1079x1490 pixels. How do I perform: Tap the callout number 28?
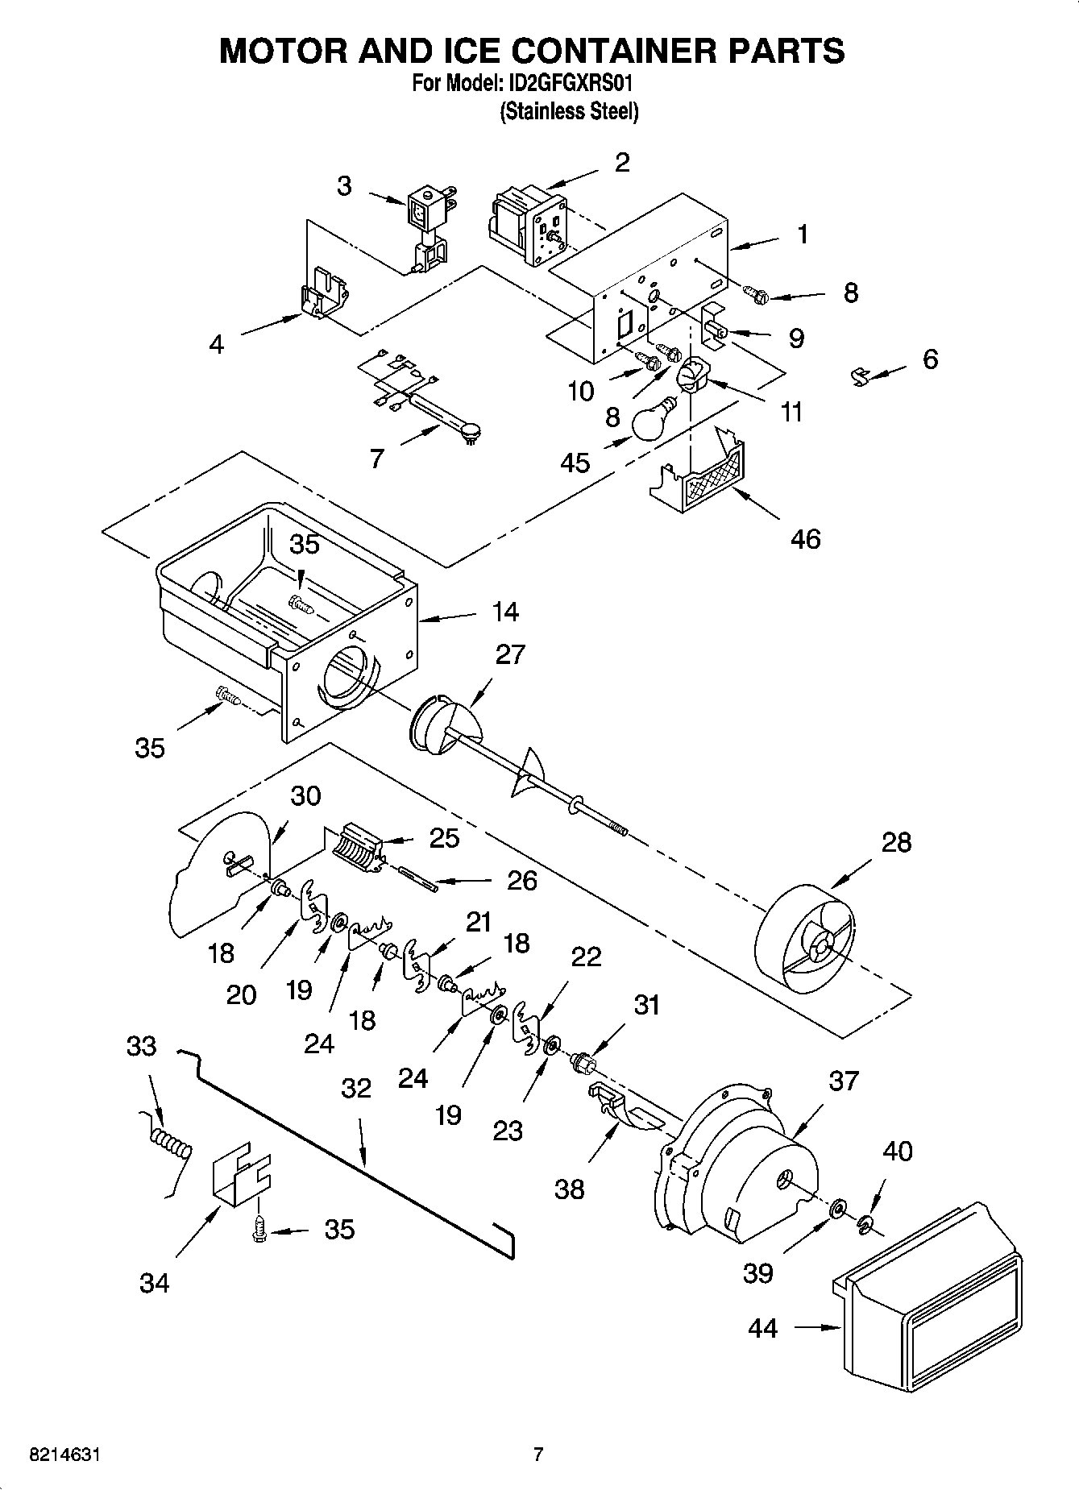pos(896,842)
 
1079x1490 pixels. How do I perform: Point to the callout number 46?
pos(805,538)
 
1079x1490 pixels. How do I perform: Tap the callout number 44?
pos(762,1327)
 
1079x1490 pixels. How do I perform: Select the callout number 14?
pos(505,612)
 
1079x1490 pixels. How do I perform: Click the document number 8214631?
pos(65,1455)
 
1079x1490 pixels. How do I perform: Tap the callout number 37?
pos(843,1080)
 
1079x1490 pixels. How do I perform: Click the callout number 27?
pos(510,654)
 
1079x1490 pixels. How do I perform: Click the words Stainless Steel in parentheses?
pos(569,111)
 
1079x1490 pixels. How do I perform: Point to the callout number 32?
pos(356,1089)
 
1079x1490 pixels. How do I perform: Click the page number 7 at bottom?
pos(538,1455)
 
